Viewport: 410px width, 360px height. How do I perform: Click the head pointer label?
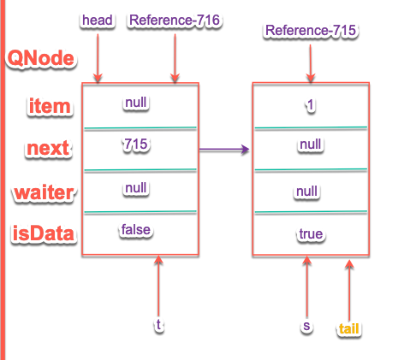click(98, 21)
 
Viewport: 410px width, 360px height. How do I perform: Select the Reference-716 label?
click(175, 21)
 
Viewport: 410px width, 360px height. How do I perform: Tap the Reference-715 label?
click(311, 30)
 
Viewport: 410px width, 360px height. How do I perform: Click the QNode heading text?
click(41, 58)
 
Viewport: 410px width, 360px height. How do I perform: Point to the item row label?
click(50, 106)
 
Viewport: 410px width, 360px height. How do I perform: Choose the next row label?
click(48, 148)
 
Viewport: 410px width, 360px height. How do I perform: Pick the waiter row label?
click(45, 192)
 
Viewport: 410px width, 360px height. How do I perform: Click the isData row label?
click(44, 233)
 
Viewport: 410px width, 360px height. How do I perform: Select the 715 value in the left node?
click(136, 144)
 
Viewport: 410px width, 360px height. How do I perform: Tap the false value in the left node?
click(136, 229)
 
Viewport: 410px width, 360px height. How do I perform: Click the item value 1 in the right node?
click(311, 105)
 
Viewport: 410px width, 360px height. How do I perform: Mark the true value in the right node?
click(311, 234)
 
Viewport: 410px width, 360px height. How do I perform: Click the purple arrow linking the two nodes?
click(224, 149)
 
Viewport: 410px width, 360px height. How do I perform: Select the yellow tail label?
click(348, 328)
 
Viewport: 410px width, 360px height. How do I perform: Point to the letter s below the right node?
click(306, 326)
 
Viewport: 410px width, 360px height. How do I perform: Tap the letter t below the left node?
click(158, 324)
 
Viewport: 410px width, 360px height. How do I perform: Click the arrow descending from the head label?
click(98, 58)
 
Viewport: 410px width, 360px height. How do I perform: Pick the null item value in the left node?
click(136, 103)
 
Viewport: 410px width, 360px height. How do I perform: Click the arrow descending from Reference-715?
click(311, 63)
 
